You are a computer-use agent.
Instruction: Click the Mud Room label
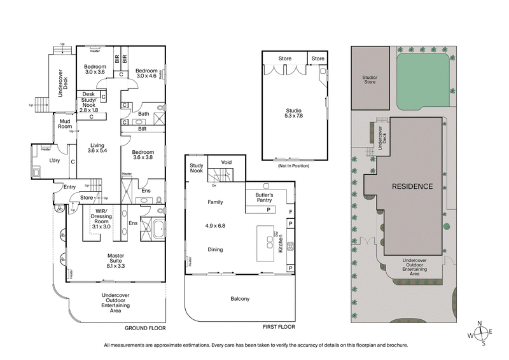pyautogui.click(x=64, y=123)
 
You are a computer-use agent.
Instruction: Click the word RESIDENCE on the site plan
pyautogui.click(x=412, y=186)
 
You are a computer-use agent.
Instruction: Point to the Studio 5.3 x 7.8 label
pyautogui.click(x=294, y=113)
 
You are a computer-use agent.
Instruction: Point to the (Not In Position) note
pyautogui.click(x=293, y=166)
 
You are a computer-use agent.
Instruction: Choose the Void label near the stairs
pyautogui.click(x=227, y=163)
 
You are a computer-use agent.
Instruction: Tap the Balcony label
pyautogui.click(x=240, y=299)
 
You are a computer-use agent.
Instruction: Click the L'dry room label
pyautogui.click(x=54, y=160)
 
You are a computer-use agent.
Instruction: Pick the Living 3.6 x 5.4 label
pyautogui.click(x=99, y=148)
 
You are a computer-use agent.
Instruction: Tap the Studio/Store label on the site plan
pyautogui.click(x=370, y=80)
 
